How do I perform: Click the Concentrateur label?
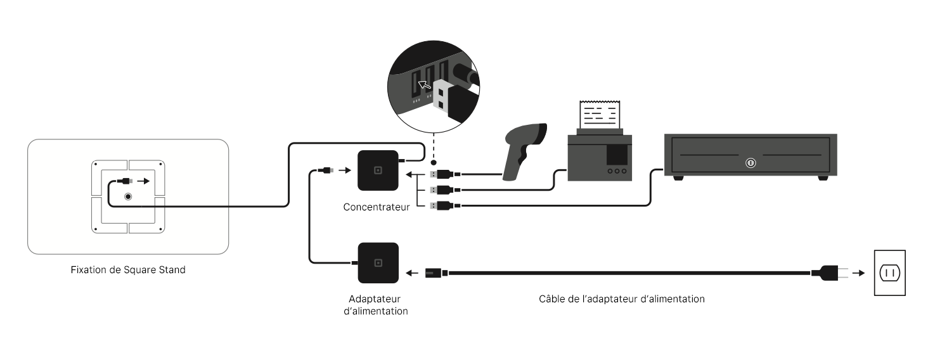376,207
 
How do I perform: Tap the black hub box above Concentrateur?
378,170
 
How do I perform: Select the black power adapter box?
378,263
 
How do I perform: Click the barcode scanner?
524,151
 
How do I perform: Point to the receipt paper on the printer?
600,115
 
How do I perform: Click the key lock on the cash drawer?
751,163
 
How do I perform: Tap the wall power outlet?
889,273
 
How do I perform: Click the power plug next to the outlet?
829,273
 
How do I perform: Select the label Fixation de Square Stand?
128,270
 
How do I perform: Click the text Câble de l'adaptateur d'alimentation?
621,299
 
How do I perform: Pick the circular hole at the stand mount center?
128,196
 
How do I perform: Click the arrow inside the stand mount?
143,181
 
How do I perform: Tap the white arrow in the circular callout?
424,85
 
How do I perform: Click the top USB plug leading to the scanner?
446,174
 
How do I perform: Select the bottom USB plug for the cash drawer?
446,205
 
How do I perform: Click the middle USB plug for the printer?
446,190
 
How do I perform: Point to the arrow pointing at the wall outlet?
859,273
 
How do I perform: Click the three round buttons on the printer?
617,171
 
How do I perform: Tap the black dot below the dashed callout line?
434,162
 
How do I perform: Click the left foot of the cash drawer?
678,178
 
